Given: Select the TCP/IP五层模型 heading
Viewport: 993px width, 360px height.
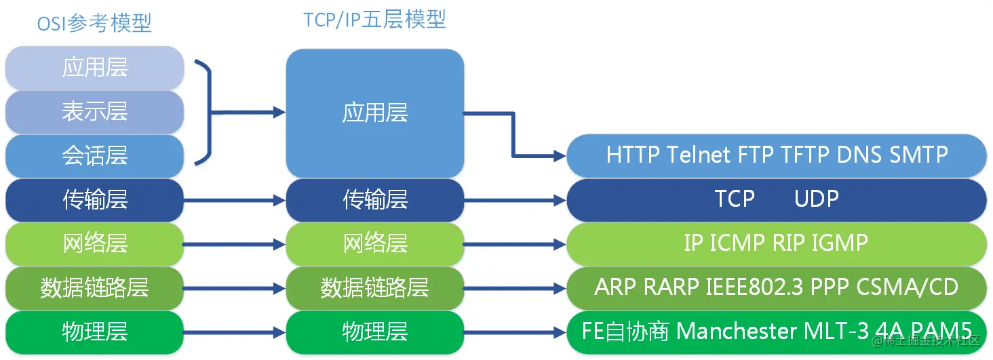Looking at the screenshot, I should click(x=374, y=20).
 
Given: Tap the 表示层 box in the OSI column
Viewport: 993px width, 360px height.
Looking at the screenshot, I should click(x=95, y=112).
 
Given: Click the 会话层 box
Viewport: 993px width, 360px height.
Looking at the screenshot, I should click(x=95, y=156).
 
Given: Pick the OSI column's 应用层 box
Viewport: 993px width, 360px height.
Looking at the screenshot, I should click(x=95, y=68).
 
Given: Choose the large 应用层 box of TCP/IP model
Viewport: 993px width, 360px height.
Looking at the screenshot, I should click(x=374, y=113).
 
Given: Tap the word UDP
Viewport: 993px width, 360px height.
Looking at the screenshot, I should click(x=817, y=199).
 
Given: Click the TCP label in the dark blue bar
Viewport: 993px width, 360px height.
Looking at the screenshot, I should click(x=735, y=199).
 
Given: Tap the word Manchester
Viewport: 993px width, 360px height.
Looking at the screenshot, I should click(x=738, y=332).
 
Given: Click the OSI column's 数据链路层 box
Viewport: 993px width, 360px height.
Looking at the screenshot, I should click(x=95, y=287).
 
